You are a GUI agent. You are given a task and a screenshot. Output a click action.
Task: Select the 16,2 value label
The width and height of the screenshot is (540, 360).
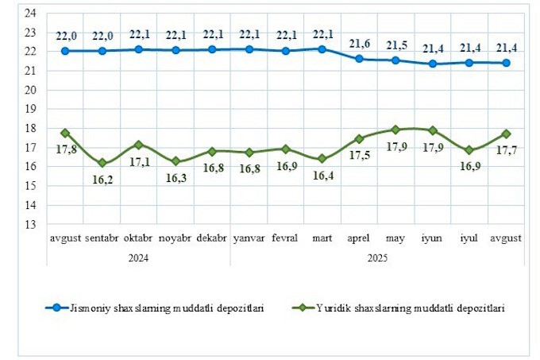(x=102, y=180)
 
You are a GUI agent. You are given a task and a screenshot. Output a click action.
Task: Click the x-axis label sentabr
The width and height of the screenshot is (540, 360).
(x=102, y=238)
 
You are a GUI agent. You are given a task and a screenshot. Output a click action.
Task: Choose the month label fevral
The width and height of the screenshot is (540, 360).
(x=284, y=238)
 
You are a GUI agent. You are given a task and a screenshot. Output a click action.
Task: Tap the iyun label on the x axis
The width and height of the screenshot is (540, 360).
(x=431, y=238)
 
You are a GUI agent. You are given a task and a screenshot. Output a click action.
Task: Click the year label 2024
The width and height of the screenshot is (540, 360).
(x=138, y=257)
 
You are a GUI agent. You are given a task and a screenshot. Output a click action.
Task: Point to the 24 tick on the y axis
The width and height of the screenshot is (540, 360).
(x=29, y=14)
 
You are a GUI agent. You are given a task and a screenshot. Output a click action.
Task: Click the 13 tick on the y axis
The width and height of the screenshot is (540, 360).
(x=29, y=225)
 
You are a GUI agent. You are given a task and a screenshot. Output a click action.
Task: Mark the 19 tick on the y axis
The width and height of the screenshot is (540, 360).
(x=29, y=110)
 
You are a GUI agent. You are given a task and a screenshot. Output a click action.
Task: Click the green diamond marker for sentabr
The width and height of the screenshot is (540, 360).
(x=102, y=163)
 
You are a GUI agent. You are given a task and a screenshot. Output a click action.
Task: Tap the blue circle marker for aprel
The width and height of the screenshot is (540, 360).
(x=359, y=59)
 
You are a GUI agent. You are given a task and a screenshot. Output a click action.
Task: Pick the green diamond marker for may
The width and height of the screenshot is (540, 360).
(x=395, y=129)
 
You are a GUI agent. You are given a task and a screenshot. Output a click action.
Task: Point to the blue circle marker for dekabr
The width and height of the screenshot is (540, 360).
(x=212, y=49)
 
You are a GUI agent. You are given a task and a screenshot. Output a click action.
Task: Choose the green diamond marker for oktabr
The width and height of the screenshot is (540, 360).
(x=138, y=145)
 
